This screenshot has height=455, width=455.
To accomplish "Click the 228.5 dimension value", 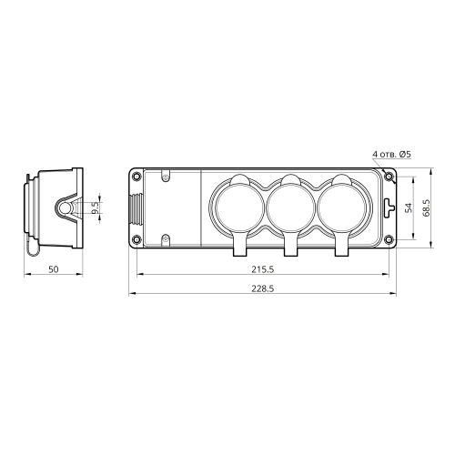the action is (x=262, y=288).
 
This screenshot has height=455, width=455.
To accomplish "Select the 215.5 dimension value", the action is (x=262, y=269).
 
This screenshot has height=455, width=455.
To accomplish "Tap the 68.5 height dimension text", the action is (x=427, y=207).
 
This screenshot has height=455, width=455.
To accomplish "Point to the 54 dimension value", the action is (x=409, y=208).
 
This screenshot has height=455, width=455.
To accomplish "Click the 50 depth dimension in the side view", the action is (x=54, y=269).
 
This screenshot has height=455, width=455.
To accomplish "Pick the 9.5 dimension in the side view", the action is (x=96, y=208).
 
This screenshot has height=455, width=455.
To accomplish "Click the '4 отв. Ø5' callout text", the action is (x=391, y=154).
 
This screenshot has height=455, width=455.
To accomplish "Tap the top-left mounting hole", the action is (x=136, y=176).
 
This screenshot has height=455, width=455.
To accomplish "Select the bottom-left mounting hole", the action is (x=136, y=240).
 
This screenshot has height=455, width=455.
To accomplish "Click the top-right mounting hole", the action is (x=389, y=176).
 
